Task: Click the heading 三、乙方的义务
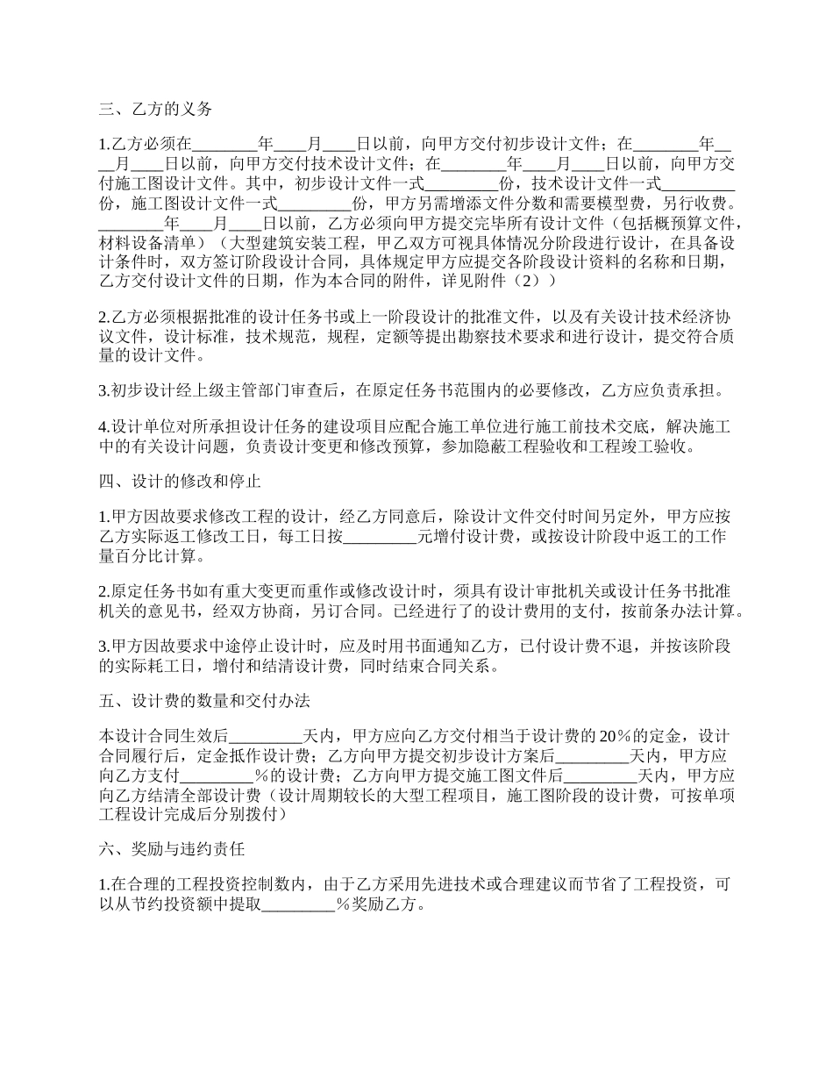[155, 110]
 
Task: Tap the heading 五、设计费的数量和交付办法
[203, 701]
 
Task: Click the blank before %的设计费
[217, 775]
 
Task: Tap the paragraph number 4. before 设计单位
[104, 427]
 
